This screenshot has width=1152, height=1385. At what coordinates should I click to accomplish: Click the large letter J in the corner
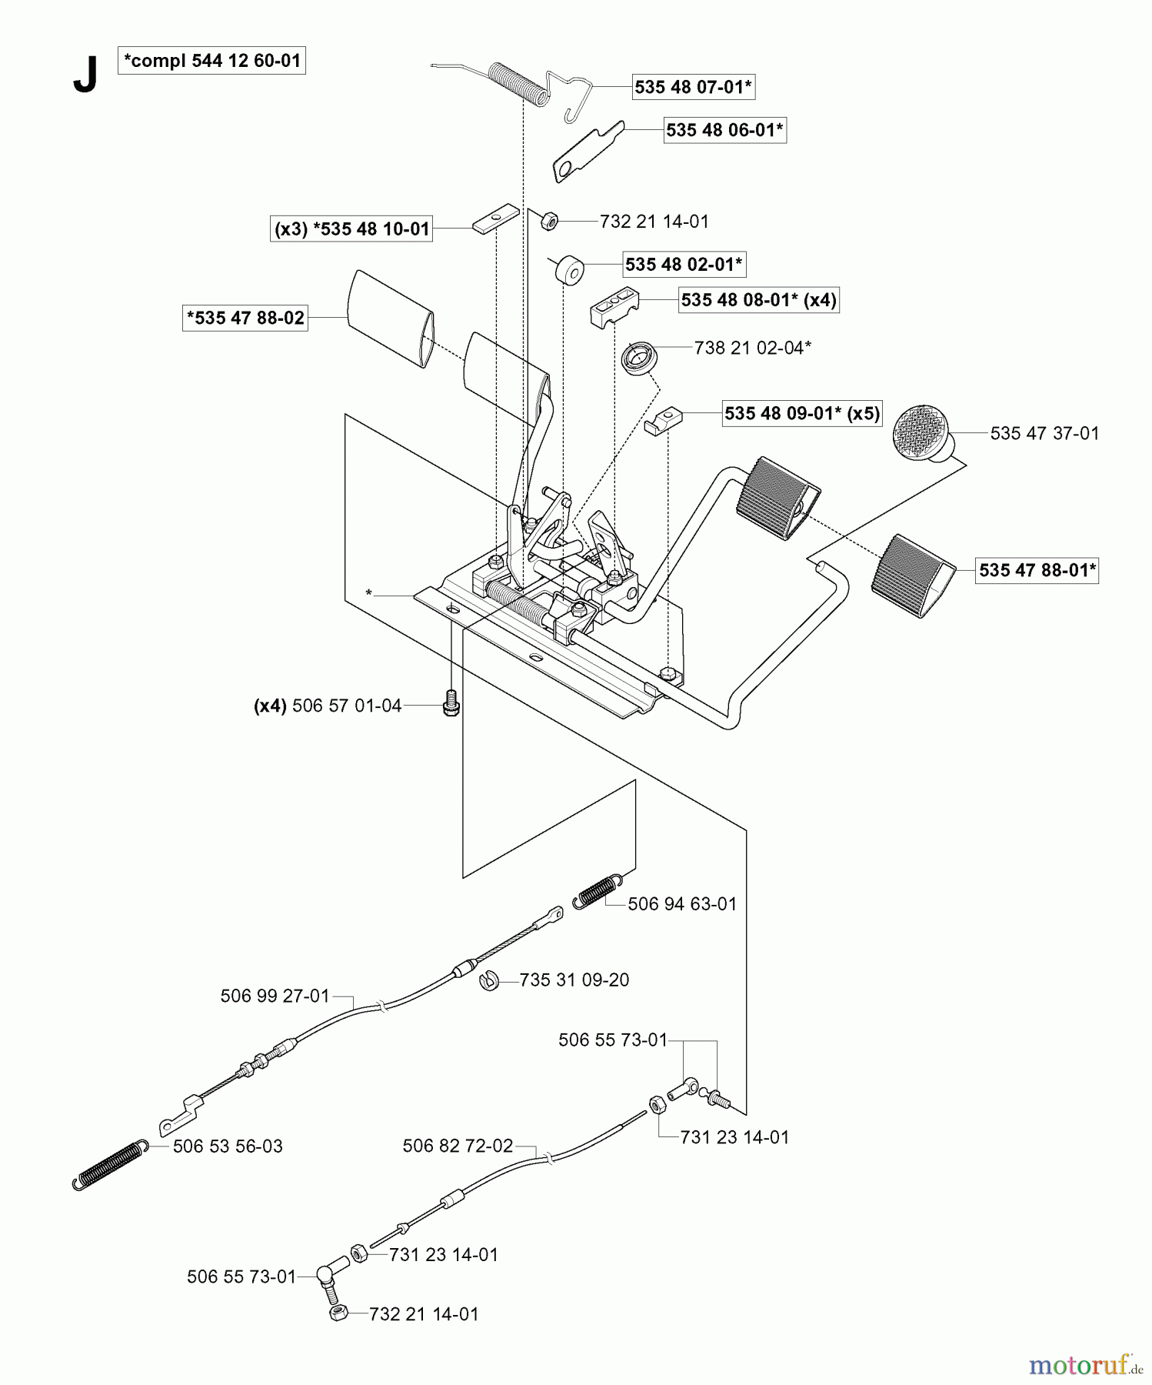[x=85, y=75]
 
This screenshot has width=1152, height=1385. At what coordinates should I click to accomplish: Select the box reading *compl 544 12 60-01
[x=211, y=60]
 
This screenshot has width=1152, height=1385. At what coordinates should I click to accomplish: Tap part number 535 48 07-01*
[x=693, y=87]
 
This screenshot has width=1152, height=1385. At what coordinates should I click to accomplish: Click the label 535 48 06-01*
[x=724, y=130]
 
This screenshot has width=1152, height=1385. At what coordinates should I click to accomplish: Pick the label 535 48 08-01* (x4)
[x=758, y=299]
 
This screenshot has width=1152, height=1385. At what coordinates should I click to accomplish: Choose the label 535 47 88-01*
[x=1037, y=570]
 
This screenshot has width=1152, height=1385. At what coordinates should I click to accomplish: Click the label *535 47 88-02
[x=245, y=318]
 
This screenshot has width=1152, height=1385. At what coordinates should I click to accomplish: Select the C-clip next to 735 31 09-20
[x=487, y=981]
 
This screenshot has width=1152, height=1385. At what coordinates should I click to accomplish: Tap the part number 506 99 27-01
[x=275, y=996]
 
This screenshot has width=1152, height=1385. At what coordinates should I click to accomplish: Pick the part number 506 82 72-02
[x=458, y=1146]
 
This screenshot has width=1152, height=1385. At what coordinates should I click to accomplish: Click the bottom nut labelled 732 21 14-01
[x=337, y=1313]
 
